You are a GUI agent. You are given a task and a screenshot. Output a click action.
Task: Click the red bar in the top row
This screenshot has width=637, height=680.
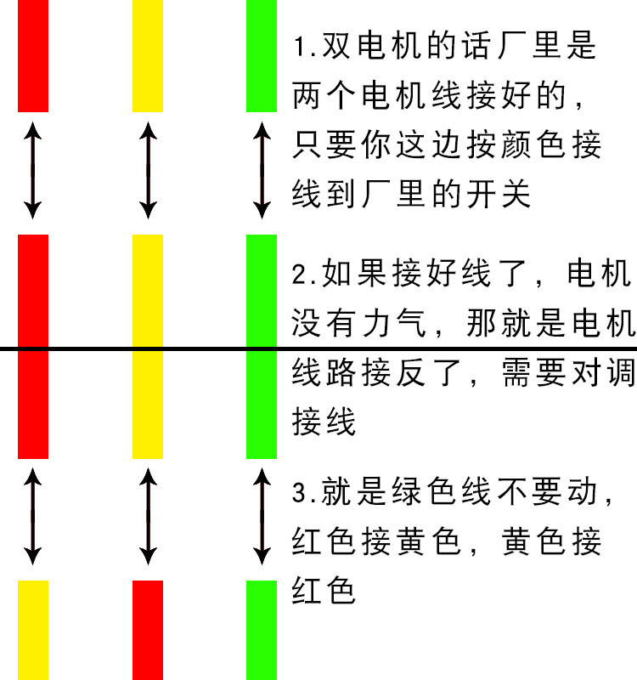click(x=33, y=56)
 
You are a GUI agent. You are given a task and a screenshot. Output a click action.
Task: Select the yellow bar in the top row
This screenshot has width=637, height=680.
click(x=148, y=56)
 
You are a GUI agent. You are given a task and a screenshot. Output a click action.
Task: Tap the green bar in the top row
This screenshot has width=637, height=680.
click(x=262, y=56)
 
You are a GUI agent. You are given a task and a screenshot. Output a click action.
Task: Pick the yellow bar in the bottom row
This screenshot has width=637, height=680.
click(x=33, y=629)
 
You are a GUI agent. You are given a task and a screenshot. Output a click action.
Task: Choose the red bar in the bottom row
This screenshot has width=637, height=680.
click(x=148, y=629)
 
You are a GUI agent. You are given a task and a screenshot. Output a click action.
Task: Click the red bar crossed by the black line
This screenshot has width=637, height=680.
click(x=33, y=347)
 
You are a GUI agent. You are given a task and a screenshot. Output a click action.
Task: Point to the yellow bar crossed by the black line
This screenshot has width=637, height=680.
click(x=148, y=347)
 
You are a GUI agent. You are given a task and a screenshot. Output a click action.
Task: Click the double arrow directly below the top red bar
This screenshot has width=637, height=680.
click(x=32, y=168)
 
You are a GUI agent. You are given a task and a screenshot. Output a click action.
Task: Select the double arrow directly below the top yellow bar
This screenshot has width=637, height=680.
click(x=148, y=168)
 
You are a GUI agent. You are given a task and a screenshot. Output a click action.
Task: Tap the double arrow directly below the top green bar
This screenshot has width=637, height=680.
click(x=262, y=168)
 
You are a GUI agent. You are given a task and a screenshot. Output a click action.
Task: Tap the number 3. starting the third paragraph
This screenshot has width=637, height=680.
click(x=304, y=492)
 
